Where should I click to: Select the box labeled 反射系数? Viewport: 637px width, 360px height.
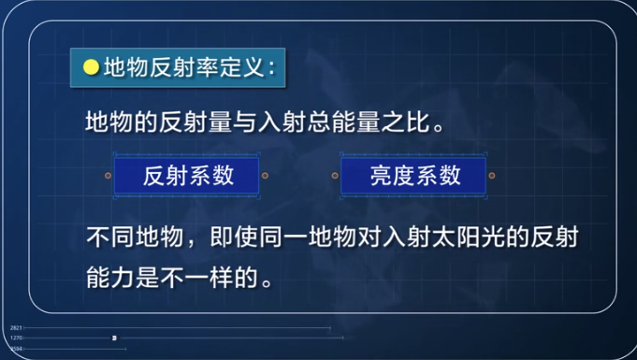click(187, 175)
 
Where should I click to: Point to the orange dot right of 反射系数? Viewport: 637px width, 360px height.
click(266, 175)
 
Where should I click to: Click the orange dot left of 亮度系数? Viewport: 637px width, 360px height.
click(333, 175)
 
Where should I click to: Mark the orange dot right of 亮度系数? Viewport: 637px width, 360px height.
click(493, 175)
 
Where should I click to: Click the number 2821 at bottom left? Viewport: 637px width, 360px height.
click(16, 328)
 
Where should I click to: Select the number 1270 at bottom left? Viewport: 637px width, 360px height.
click(16, 338)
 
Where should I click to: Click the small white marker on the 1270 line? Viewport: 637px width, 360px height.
click(114, 338)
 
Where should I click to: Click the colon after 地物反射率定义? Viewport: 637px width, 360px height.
click(270, 68)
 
